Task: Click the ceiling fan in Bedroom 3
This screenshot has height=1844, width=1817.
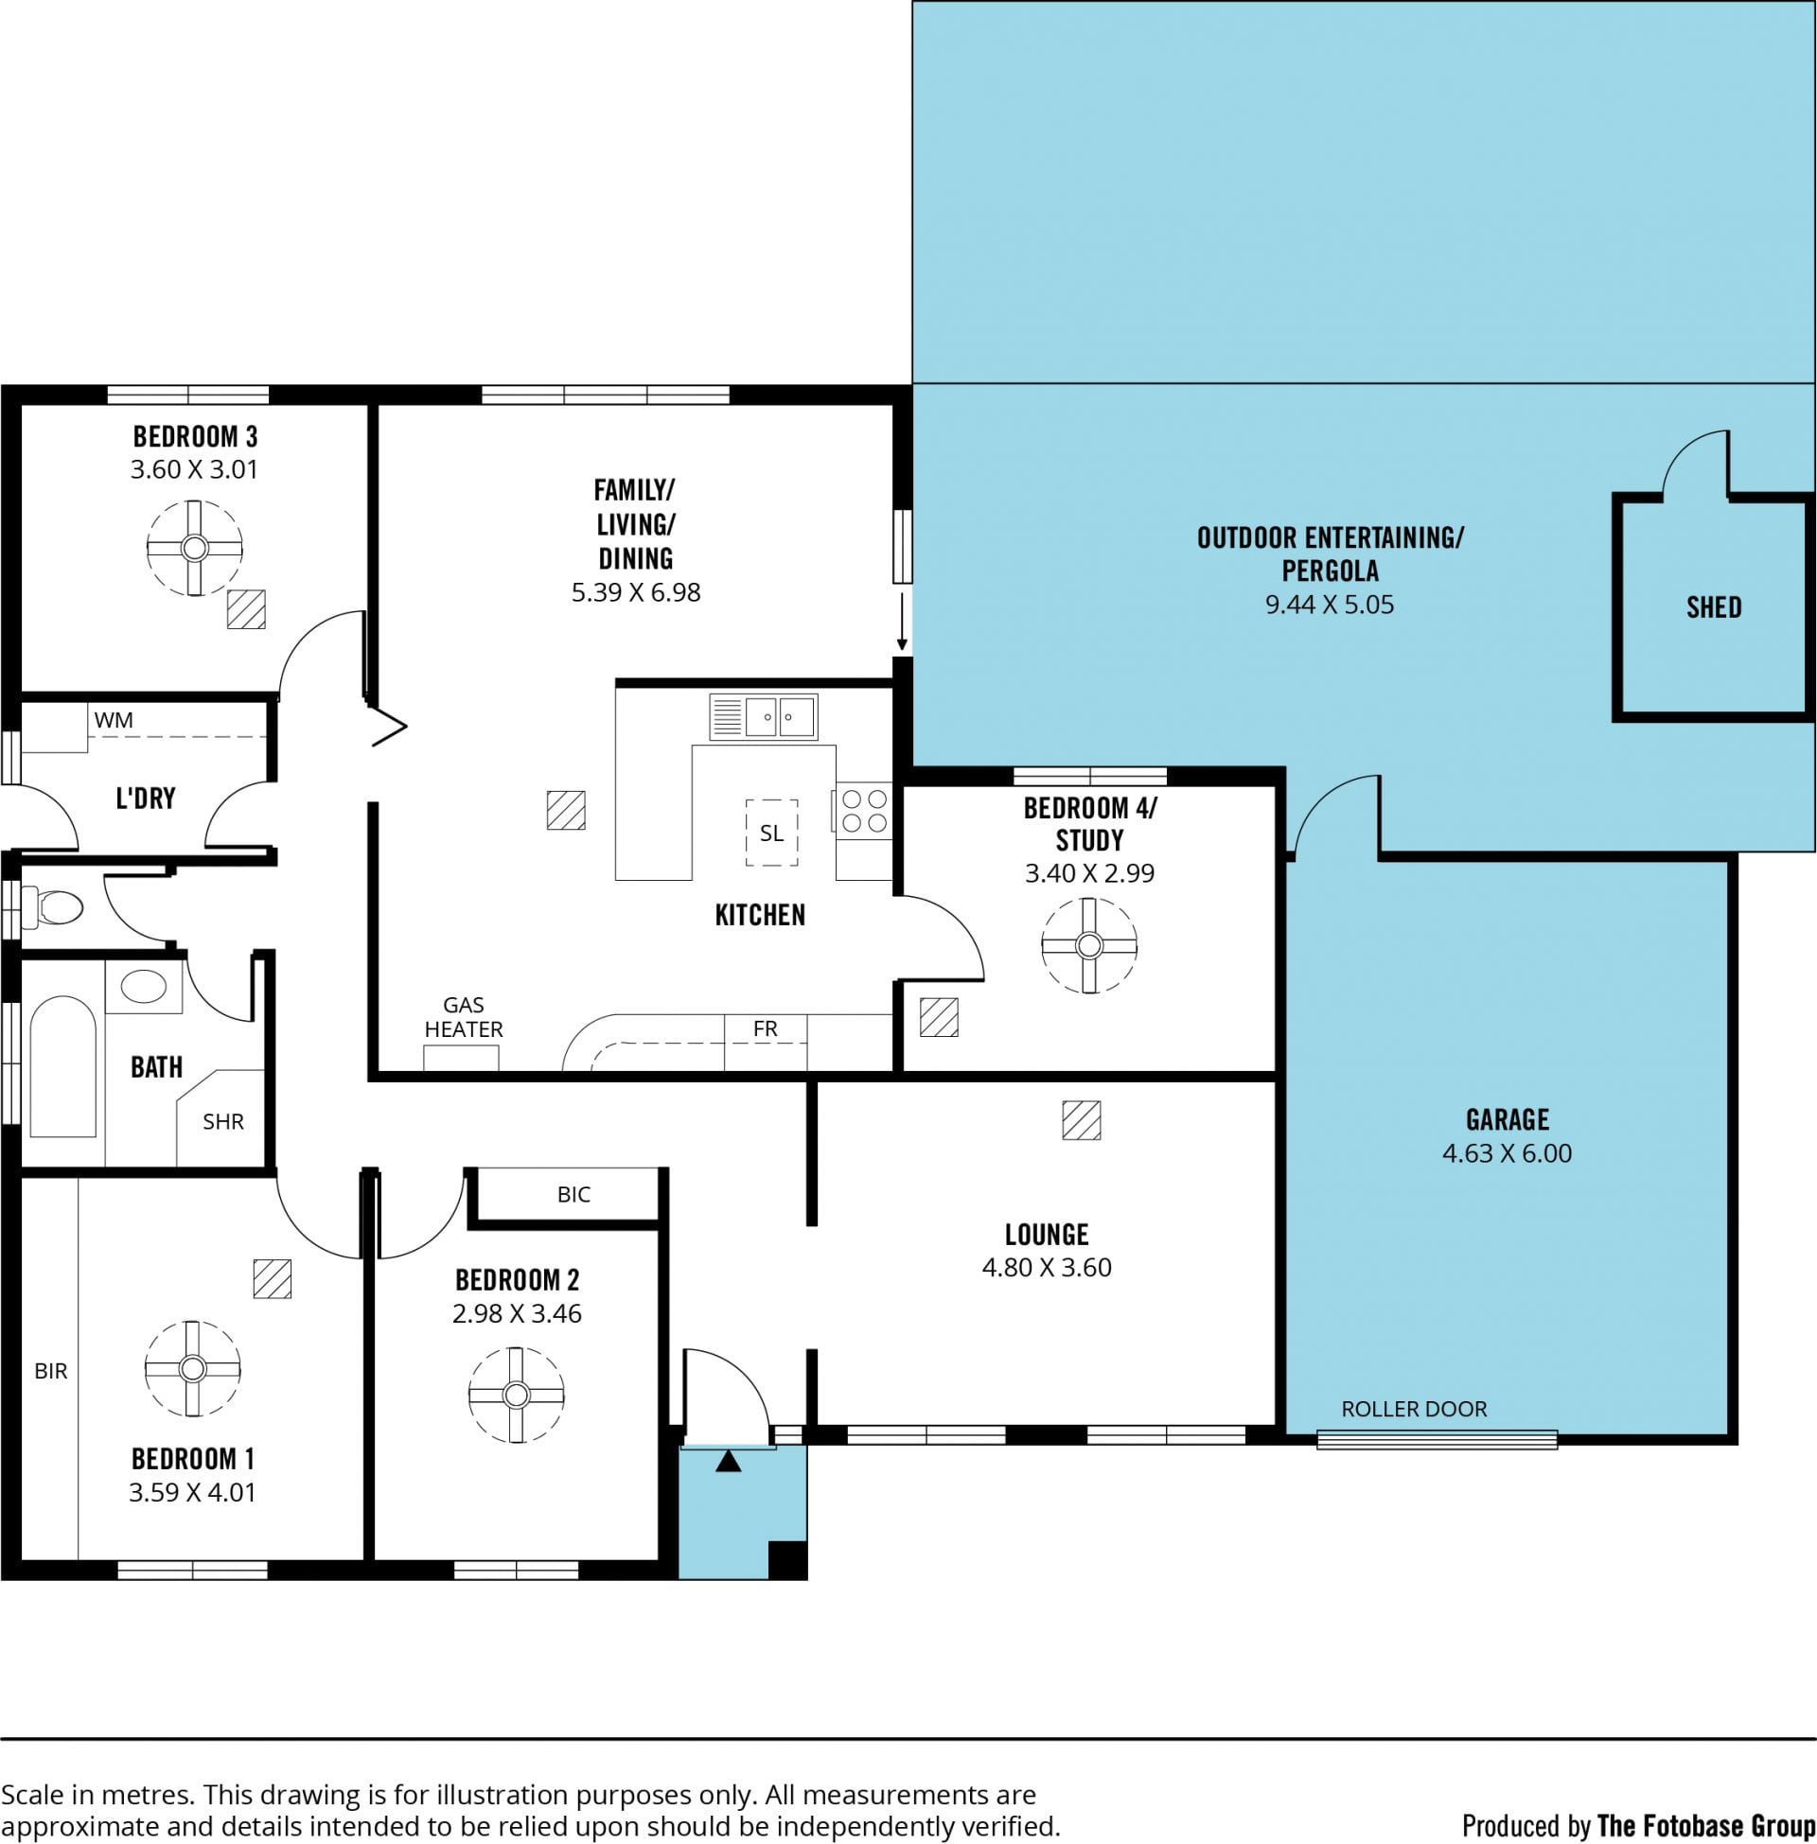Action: pyautogui.click(x=195, y=549)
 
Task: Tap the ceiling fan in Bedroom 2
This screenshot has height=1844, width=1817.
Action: pyautogui.click(x=517, y=1396)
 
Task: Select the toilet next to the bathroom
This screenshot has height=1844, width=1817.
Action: pyautogui.click(x=51, y=907)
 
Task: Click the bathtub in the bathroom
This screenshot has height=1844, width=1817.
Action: pyautogui.click(x=63, y=1066)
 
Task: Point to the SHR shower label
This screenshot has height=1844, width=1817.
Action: pyautogui.click(x=223, y=1122)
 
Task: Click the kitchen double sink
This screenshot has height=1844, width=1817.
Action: pyautogui.click(x=764, y=717)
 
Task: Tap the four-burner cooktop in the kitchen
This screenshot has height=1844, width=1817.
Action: pyautogui.click(x=865, y=811)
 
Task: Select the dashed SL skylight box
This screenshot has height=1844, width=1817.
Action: pyautogui.click(x=772, y=833)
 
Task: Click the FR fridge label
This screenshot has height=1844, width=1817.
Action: pyautogui.click(x=766, y=1028)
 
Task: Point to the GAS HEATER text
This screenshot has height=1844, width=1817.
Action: pyautogui.click(x=464, y=1017)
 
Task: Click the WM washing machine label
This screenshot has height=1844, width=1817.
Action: pyautogui.click(x=114, y=720)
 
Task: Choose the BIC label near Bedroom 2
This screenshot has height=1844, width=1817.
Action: pyautogui.click(x=573, y=1194)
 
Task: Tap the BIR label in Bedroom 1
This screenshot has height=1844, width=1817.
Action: pyautogui.click(x=50, y=1371)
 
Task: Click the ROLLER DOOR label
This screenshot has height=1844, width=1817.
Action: pyautogui.click(x=1414, y=1409)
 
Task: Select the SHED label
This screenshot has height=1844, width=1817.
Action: pyautogui.click(x=1714, y=607)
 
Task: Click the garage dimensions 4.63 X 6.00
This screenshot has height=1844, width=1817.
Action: pyautogui.click(x=1507, y=1153)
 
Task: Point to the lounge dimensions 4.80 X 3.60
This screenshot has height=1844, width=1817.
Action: pyautogui.click(x=1047, y=1268)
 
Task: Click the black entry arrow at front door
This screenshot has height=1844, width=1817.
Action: pyautogui.click(x=728, y=1461)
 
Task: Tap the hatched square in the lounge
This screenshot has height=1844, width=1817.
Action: pyautogui.click(x=1082, y=1121)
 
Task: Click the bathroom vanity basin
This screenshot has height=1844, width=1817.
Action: pyautogui.click(x=143, y=987)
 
